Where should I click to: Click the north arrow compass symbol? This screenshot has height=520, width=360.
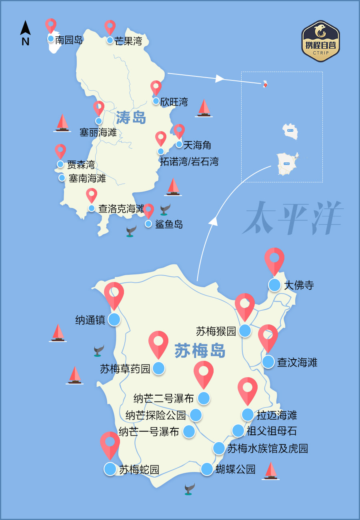[x=26, y=33]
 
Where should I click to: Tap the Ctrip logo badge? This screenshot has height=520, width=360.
[x=320, y=41]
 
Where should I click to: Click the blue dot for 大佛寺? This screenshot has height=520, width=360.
[x=274, y=285]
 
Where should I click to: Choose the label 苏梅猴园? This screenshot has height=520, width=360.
[x=216, y=331]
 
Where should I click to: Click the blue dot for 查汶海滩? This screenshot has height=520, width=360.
[x=268, y=362]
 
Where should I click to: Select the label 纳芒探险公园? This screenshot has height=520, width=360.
[x=156, y=415]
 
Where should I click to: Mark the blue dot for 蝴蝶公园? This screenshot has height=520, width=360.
[x=207, y=469]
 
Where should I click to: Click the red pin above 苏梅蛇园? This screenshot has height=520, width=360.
[x=110, y=444]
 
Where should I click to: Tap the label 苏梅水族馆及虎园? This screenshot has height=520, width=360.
[x=268, y=448]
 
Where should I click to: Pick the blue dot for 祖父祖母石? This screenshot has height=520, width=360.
[x=238, y=431]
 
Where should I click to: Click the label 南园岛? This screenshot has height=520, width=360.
[x=69, y=40]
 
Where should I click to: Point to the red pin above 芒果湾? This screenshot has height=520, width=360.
[x=110, y=27]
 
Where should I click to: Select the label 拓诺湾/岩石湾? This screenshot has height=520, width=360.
[x=189, y=162]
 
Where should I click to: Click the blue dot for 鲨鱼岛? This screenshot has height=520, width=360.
[x=148, y=224]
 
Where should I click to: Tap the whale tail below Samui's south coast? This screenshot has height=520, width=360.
[x=189, y=489]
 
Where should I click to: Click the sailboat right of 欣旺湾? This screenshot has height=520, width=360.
[x=204, y=108]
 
